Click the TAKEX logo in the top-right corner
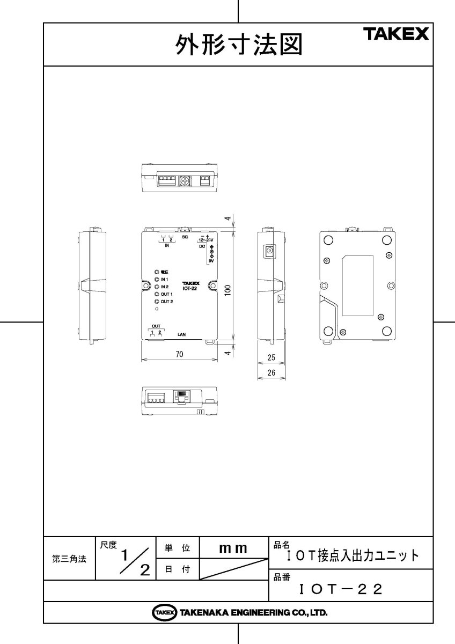click(x=397, y=35)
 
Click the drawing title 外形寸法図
click(x=239, y=45)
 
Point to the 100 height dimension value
click(x=228, y=290)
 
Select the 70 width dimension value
click(x=179, y=354)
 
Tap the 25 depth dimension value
click(x=271, y=357)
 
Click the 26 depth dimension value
click(x=271, y=372)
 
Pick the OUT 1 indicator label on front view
click(x=166, y=295)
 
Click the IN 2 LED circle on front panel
click(x=156, y=287)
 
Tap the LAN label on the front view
click(x=182, y=333)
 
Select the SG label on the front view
click(x=185, y=237)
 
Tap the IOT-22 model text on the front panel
click(x=190, y=288)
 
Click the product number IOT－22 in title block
click(x=341, y=590)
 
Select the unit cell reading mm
click(x=233, y=548)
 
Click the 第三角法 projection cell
click(x=69, y=559)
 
